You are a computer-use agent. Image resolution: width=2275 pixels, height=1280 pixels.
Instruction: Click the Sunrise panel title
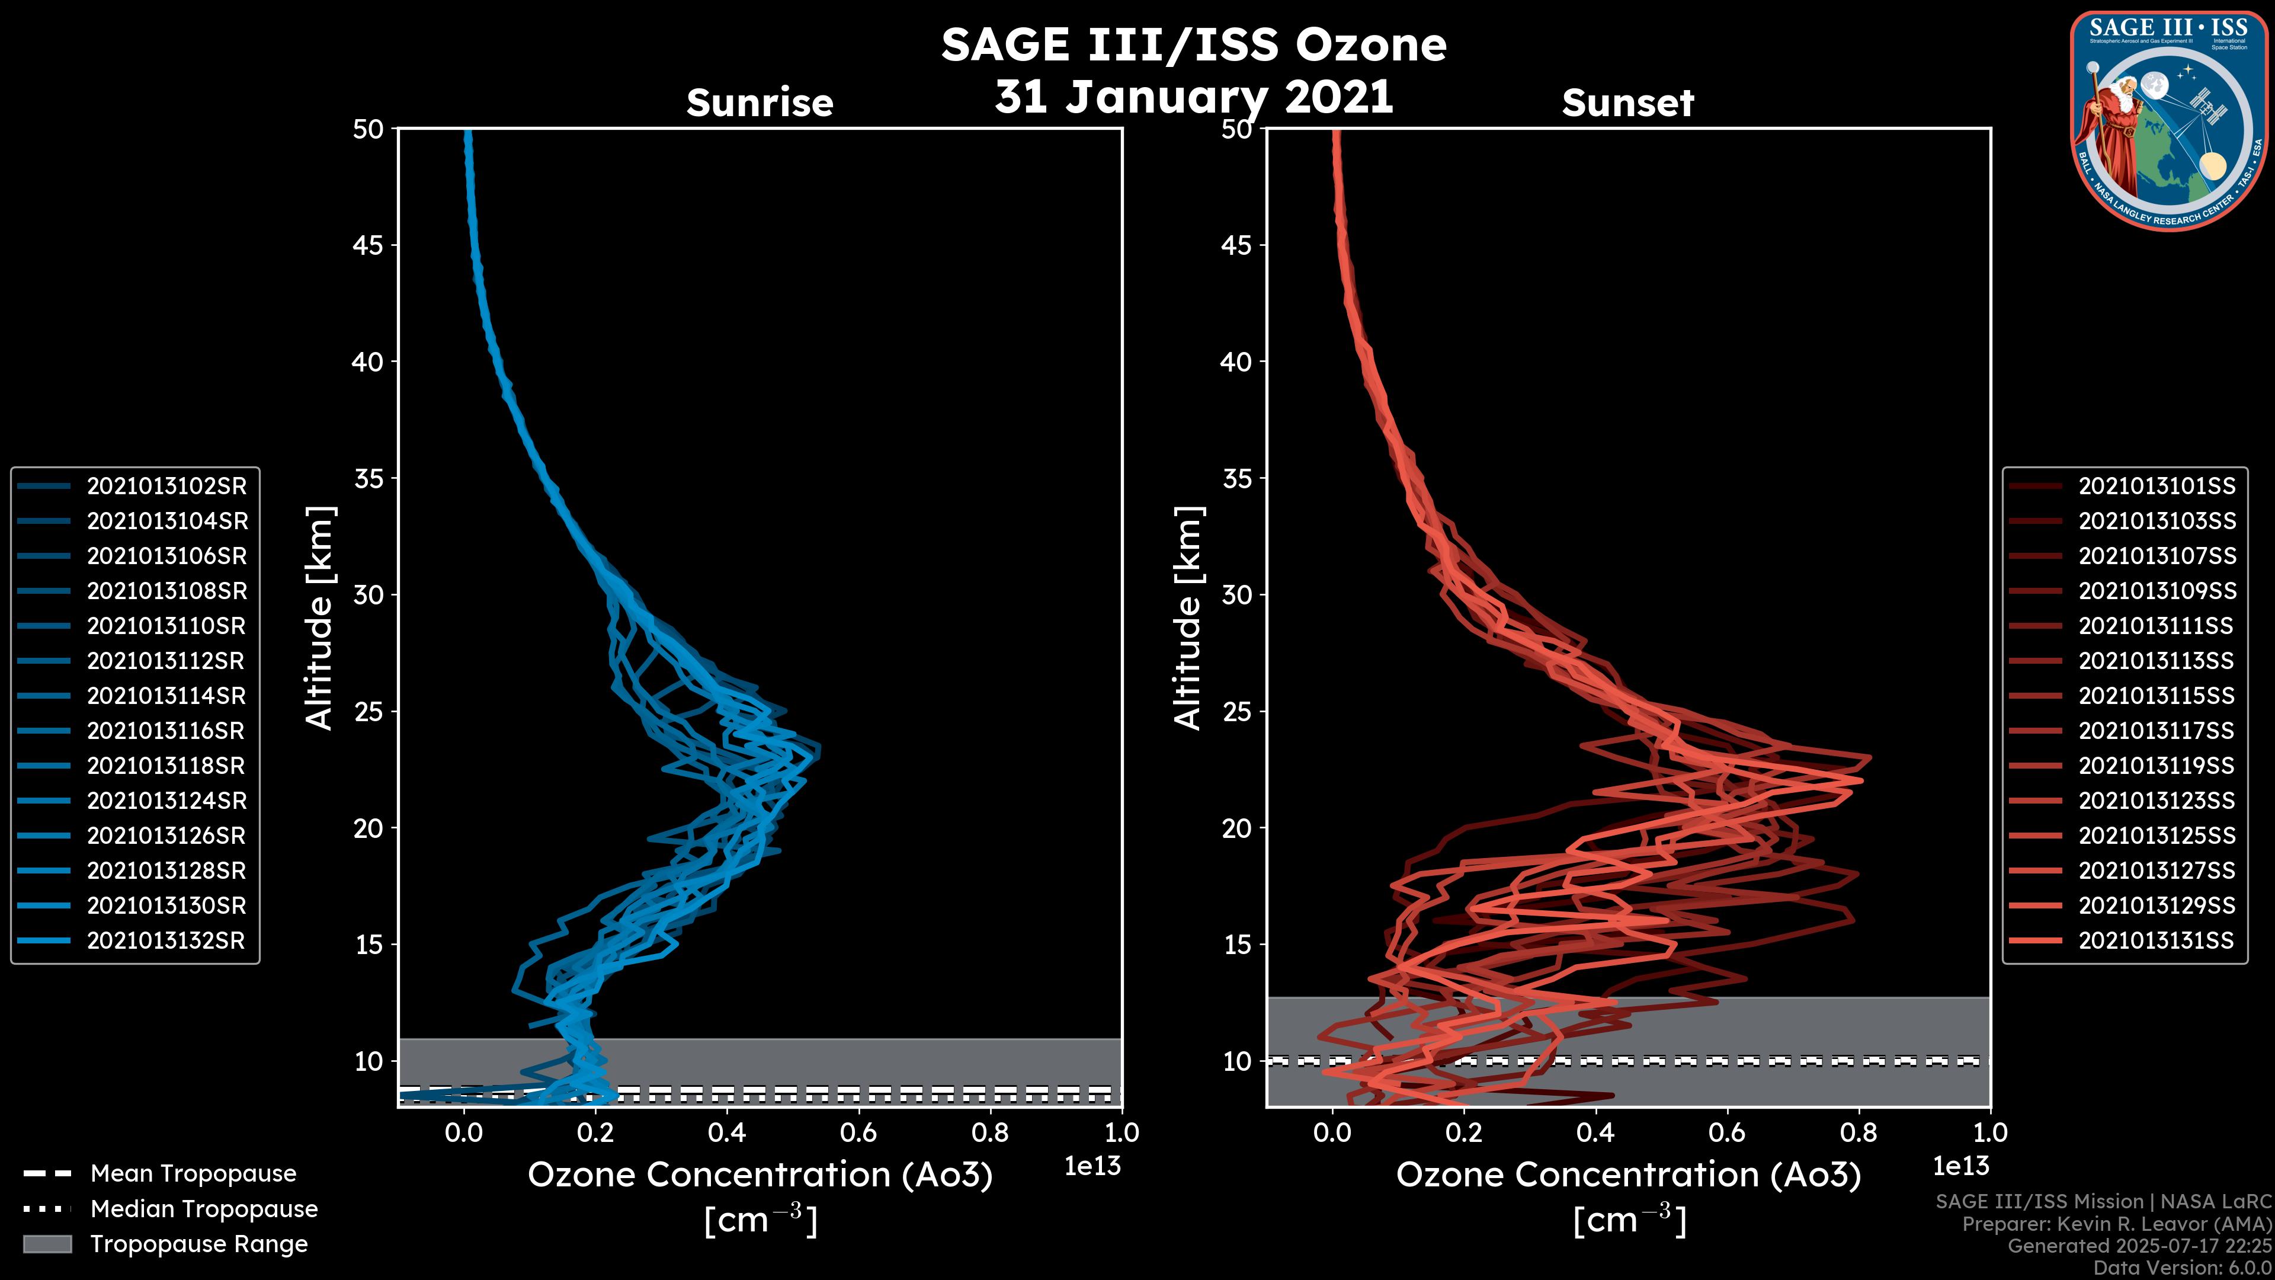point(760,103)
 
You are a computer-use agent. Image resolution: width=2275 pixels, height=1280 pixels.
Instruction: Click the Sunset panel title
point(1627,103)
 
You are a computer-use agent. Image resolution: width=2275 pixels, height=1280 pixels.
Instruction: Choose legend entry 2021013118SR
point(166,766)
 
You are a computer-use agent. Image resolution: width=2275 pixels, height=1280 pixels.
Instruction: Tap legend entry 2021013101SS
point(2157,486)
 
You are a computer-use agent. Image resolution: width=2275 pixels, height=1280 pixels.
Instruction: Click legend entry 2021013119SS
point(2157,766)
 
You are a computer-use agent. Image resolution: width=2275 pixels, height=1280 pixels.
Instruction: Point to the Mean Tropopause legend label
point(193,1173)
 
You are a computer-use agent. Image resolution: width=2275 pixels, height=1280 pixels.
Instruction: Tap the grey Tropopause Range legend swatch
point(47,1244)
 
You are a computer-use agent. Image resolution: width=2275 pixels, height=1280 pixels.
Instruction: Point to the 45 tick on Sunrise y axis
point(369,245)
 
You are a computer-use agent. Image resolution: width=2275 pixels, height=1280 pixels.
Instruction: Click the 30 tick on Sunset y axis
point(1237,594)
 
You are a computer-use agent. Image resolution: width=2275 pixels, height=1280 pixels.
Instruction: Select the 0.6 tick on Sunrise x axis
point(858,1132)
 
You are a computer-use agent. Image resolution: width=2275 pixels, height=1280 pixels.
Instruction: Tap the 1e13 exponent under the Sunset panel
point(1960,1166)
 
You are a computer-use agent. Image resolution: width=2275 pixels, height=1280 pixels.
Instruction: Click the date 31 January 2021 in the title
point(1194,96)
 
